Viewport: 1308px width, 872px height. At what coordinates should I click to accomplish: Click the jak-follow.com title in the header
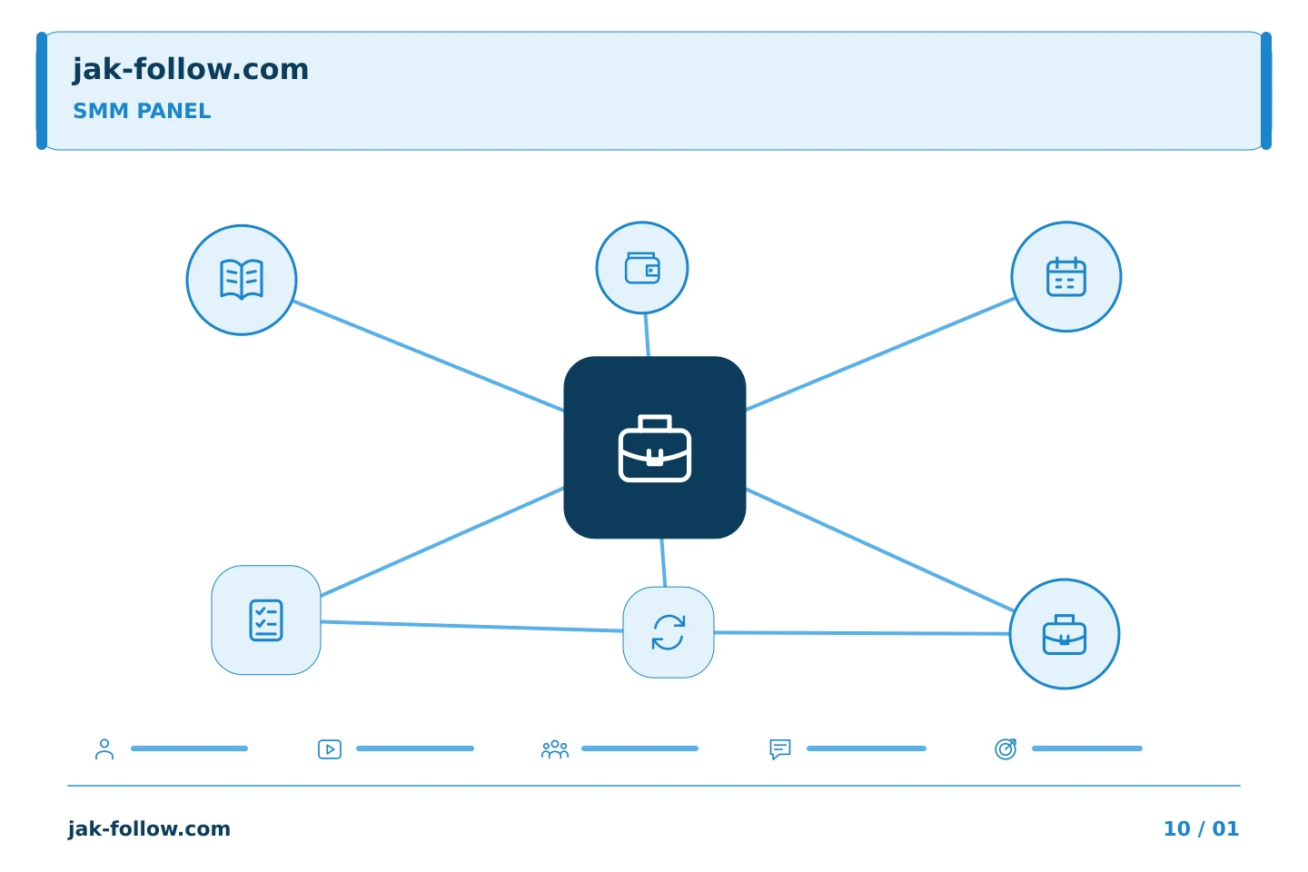pos(191,70)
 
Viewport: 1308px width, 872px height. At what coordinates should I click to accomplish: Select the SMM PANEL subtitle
pos(142,111)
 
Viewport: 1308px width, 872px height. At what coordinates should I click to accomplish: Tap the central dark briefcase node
pos(655,448)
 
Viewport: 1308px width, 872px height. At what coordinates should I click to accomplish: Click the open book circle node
pos(242,280)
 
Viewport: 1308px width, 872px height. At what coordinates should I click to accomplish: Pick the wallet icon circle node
pos(642,267)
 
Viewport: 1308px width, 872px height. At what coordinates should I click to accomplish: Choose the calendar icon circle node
pos(1066,277)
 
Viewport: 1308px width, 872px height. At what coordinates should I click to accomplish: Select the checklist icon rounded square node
pos(266,620)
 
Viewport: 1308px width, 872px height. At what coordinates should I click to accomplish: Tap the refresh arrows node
pos(669,632)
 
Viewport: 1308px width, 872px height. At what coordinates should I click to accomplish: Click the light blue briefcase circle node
pos(1065,634)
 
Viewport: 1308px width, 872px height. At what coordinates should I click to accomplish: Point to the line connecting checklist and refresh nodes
pos(471,626)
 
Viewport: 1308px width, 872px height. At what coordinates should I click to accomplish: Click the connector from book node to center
pos(428,356)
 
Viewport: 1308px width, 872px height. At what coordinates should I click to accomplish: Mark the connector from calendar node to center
pos(880,354)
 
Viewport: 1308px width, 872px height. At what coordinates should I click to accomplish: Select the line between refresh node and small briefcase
pos(862,633)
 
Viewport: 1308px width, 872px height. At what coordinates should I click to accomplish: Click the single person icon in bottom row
pos(104,749)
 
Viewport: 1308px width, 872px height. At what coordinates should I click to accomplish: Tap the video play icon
pos(330,749)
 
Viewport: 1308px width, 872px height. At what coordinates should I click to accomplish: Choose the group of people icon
pos(555,749)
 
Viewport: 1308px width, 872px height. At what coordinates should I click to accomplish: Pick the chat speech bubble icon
pos(780,749)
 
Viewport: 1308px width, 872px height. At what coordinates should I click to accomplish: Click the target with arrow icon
pos(1006,749)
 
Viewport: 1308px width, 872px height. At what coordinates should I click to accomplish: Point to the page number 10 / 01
pos(1201,828)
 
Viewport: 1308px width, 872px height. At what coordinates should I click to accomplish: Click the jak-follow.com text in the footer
pos(149,828)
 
